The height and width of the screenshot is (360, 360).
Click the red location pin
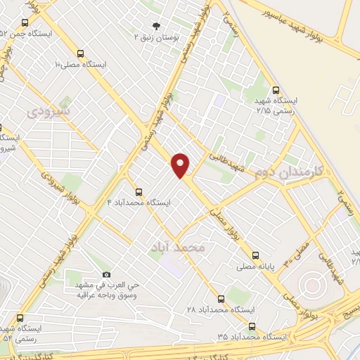click(181, 165)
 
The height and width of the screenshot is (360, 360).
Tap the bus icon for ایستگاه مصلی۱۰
click(80, 53)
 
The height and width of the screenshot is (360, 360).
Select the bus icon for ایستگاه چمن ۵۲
click(25, 22)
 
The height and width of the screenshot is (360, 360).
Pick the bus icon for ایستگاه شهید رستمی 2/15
click(276, 90)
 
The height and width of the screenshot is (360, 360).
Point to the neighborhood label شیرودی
click(49, 111)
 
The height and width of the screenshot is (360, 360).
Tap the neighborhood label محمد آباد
click(179, 247)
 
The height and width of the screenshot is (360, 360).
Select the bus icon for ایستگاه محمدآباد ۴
click(139, 191)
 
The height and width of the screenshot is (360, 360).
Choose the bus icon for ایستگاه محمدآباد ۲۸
click(221, 298)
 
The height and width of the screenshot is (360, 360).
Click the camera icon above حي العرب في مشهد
click(107, 274)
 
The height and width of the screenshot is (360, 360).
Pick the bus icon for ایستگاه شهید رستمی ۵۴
click(20, 317)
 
